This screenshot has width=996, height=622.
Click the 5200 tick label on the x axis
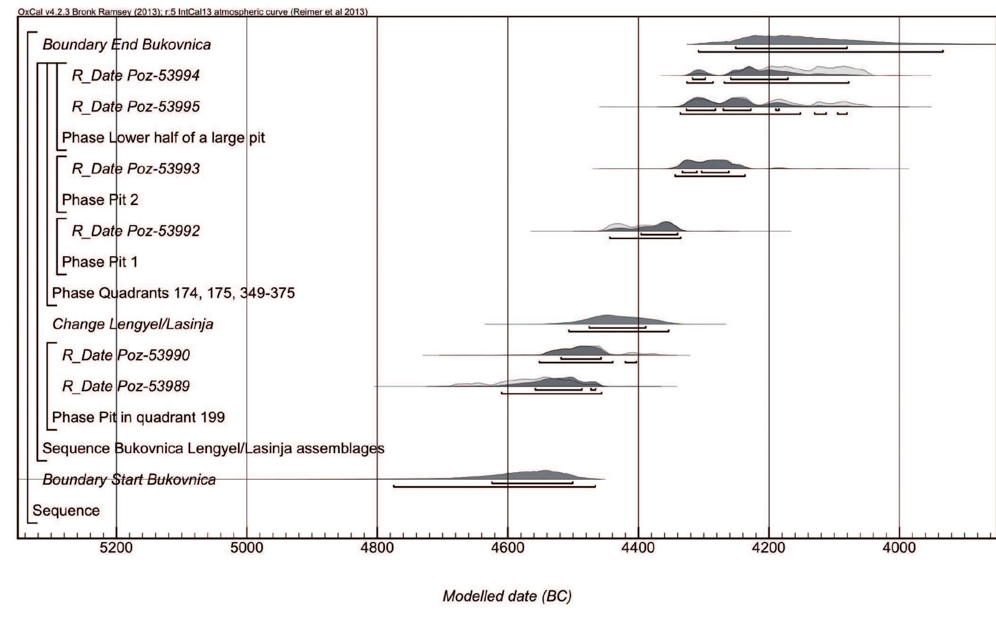[x=116, y=548]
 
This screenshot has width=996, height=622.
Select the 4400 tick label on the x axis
[x=638, y=548]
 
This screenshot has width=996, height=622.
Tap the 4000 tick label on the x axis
[x=899, y=548]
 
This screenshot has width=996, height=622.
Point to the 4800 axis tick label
[x=377, y=548]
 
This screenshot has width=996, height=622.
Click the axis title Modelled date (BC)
[x=507, y=596]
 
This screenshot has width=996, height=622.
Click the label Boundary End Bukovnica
[x=126, y=45]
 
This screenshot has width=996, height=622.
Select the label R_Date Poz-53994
[x=136, y=76]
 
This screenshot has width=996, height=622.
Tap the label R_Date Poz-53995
[x=136, y=107]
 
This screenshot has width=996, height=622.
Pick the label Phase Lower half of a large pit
[x=163, y=138]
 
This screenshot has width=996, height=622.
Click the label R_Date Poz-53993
[x=136, y=169]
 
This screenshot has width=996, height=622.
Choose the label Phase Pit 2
[x=100, y=200]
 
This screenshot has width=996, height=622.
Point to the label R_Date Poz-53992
[x=136, y=231]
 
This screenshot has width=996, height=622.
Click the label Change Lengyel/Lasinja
[x=133, y=324]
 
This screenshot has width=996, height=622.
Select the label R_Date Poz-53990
[x=126, y=355]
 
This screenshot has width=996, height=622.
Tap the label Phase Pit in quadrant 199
[x=138, y=418]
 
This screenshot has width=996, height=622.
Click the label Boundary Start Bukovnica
[x=129, y=480]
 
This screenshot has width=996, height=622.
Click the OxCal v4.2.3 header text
[x=192, y=12]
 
